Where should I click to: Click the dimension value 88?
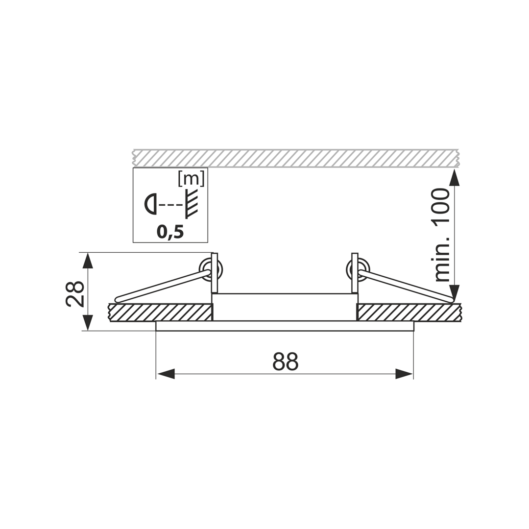[286, 361]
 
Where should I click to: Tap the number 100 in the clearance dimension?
[442, 206]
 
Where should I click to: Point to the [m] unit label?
[192, 180]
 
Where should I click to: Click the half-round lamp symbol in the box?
[151, 204]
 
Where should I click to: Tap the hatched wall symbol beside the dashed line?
[192, 203]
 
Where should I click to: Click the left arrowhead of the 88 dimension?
[166, 374]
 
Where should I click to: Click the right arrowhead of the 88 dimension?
[404, 374]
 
